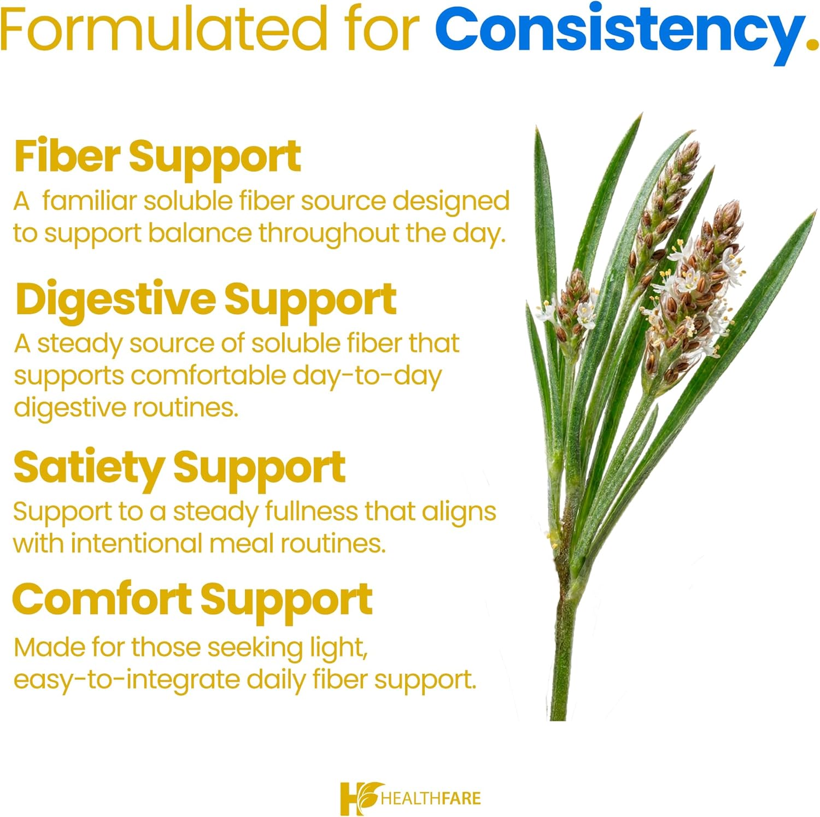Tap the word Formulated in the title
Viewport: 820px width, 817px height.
pos(162,27)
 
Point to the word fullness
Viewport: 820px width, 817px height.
pos(312,512)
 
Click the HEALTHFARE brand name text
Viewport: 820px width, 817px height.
pos(431,798)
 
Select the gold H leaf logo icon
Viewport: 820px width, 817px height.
pos(359,798)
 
